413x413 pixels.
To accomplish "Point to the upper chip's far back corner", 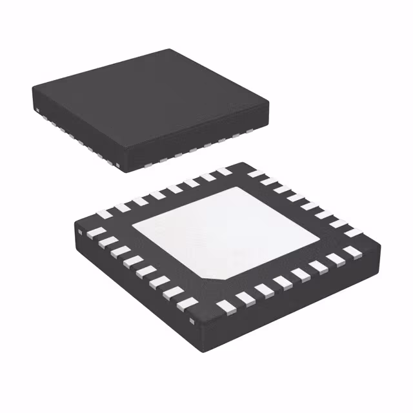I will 170,50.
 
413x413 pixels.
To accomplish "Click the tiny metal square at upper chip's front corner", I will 121,166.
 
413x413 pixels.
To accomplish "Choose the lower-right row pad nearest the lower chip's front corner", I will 223,305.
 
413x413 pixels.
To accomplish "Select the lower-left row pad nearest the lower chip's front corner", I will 187,301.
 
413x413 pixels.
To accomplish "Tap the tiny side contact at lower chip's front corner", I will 191,320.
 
